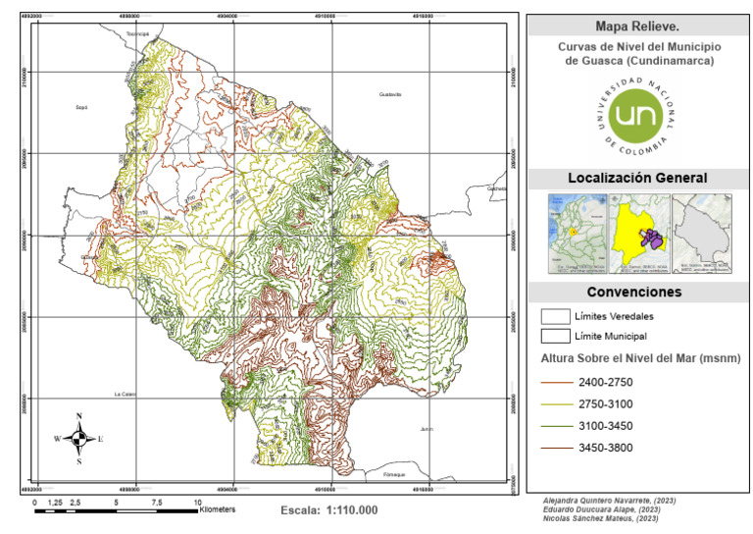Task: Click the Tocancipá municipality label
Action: click(135, 33)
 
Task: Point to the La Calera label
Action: click(124, 394)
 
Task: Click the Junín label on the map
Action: click(426, 429)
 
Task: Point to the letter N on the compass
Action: click(79, 416)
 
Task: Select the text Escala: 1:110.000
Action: click(328, 510)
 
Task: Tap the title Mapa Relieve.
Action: click(637, 27)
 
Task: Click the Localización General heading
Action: click(637, 178)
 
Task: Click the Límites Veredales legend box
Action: click(556, 315)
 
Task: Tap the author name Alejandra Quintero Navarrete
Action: click(608, 501)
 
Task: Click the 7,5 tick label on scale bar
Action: click(157, 502)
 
